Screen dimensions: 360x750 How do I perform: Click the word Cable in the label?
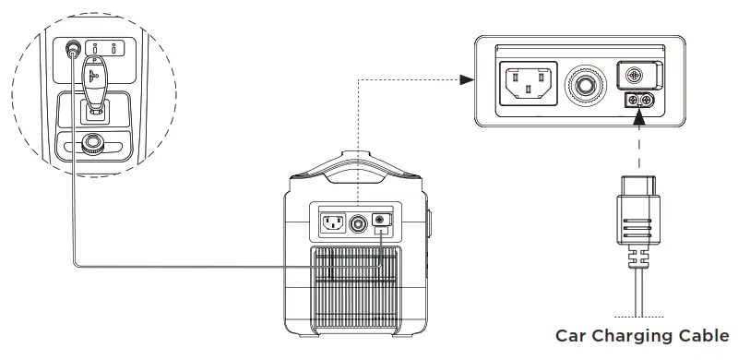[x=704, y=335]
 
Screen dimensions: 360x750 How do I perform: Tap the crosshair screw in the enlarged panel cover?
[x=633, y=76]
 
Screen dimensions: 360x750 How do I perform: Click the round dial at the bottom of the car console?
[x=91, y=143]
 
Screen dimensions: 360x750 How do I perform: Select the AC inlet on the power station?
[x=333, y=222]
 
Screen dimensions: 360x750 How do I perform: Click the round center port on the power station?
[x=356, y=222]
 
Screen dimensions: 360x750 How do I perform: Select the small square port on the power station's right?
[x=380, y=222]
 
